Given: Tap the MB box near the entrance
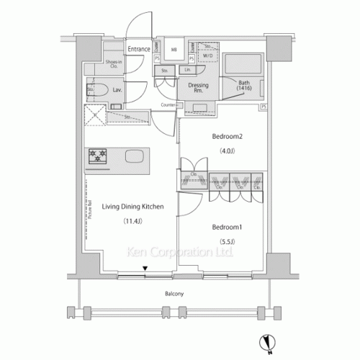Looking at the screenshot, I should point(174,50).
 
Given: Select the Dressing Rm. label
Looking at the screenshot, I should point(198,89).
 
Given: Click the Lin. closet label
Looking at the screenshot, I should point(187,71).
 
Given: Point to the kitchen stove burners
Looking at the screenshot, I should point(97,156).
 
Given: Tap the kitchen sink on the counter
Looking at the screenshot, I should point(135,157).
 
